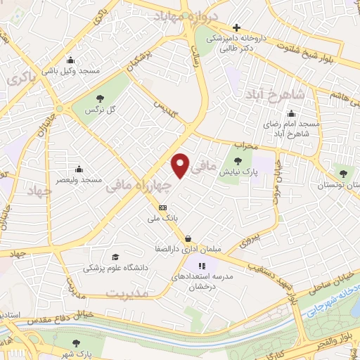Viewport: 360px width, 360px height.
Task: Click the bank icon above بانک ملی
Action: [x=163, y=207]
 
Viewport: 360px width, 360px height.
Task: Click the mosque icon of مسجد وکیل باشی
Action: [x=70, y=60]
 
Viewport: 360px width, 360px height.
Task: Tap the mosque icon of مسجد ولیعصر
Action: [x=77, y=168]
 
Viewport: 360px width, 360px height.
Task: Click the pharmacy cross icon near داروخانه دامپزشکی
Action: [x=236, y=27]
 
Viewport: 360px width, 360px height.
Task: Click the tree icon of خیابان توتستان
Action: [x=342, y=173]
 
